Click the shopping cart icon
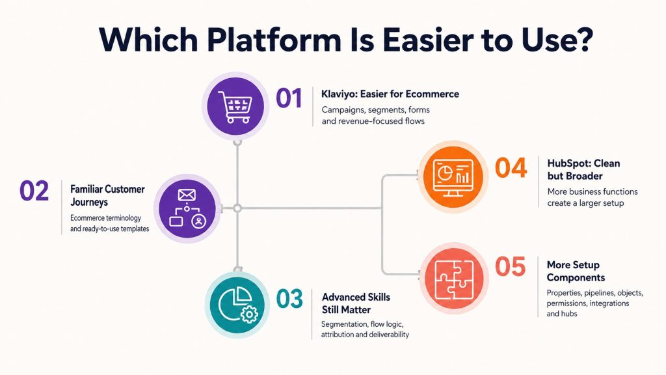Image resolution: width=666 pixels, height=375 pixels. (235, 106)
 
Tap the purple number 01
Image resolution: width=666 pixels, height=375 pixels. (289, 98)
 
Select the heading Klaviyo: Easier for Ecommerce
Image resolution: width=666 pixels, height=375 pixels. (390, 94)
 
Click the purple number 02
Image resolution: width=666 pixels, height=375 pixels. (34, 191)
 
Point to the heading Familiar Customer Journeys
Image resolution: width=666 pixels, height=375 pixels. (107, 195)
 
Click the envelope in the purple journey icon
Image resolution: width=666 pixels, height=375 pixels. (187, 195)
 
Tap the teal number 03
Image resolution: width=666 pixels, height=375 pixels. (289, 299)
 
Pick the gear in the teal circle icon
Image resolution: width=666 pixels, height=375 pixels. (249, 314)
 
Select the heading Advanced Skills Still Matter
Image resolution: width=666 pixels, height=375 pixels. (356, 303)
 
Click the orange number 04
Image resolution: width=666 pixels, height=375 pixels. (511, 168)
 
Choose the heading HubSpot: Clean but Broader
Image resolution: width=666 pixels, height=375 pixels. (583, 170)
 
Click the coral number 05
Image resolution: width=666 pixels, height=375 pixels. (510, 266)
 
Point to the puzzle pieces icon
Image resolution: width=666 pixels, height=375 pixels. (454, 278)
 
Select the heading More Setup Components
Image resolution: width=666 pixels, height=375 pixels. (576, 271)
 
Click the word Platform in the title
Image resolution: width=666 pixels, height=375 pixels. (274, 40)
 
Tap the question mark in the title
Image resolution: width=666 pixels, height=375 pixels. (583, 39)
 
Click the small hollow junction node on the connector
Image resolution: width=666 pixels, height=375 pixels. (237, 208)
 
